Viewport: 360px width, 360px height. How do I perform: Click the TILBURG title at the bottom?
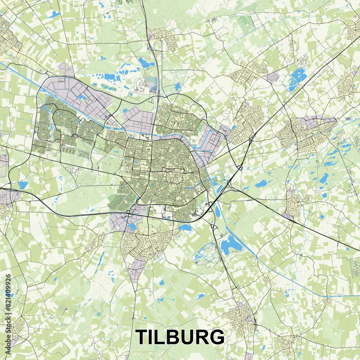[180, 337]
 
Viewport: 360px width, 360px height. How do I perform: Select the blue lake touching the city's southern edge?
[185, 228]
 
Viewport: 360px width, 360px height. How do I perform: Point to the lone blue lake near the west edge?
[23, 185]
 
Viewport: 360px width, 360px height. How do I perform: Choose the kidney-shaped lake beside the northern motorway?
[144, 63]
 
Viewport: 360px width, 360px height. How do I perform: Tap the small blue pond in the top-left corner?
[54, 14]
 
